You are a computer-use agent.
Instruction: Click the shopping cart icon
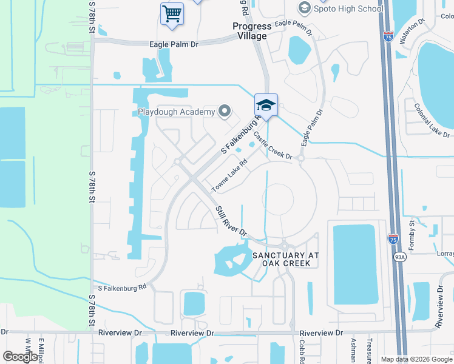172,13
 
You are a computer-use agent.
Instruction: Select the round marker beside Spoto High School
304,8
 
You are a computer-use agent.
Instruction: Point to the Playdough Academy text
177,112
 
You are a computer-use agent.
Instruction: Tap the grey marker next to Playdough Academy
225,111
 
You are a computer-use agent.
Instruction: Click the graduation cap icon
266,106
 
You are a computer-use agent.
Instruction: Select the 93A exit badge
399,257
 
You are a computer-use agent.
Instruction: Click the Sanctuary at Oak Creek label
285,259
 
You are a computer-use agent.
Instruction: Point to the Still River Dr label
231,220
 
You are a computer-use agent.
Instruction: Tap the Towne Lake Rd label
230,176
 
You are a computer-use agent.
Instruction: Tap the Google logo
21,357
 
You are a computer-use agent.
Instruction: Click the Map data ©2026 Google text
416,359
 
